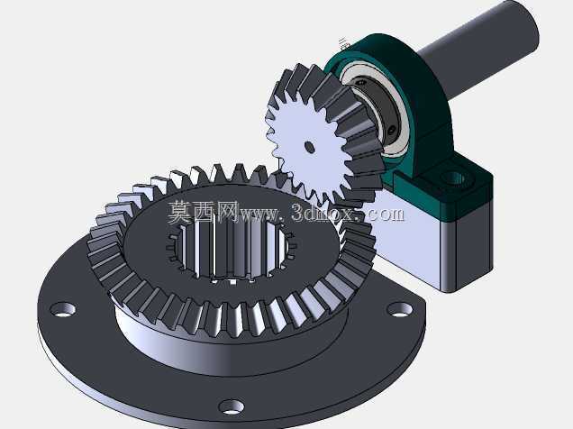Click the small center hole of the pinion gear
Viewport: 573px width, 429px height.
(x=310, y=147)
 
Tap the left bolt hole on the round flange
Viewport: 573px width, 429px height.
(x=63, y=309)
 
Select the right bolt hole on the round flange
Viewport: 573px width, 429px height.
(x=399, y=309)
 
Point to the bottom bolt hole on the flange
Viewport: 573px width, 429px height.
(x=232, y=406)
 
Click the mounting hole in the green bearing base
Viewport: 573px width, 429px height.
(x=454, y=178)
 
